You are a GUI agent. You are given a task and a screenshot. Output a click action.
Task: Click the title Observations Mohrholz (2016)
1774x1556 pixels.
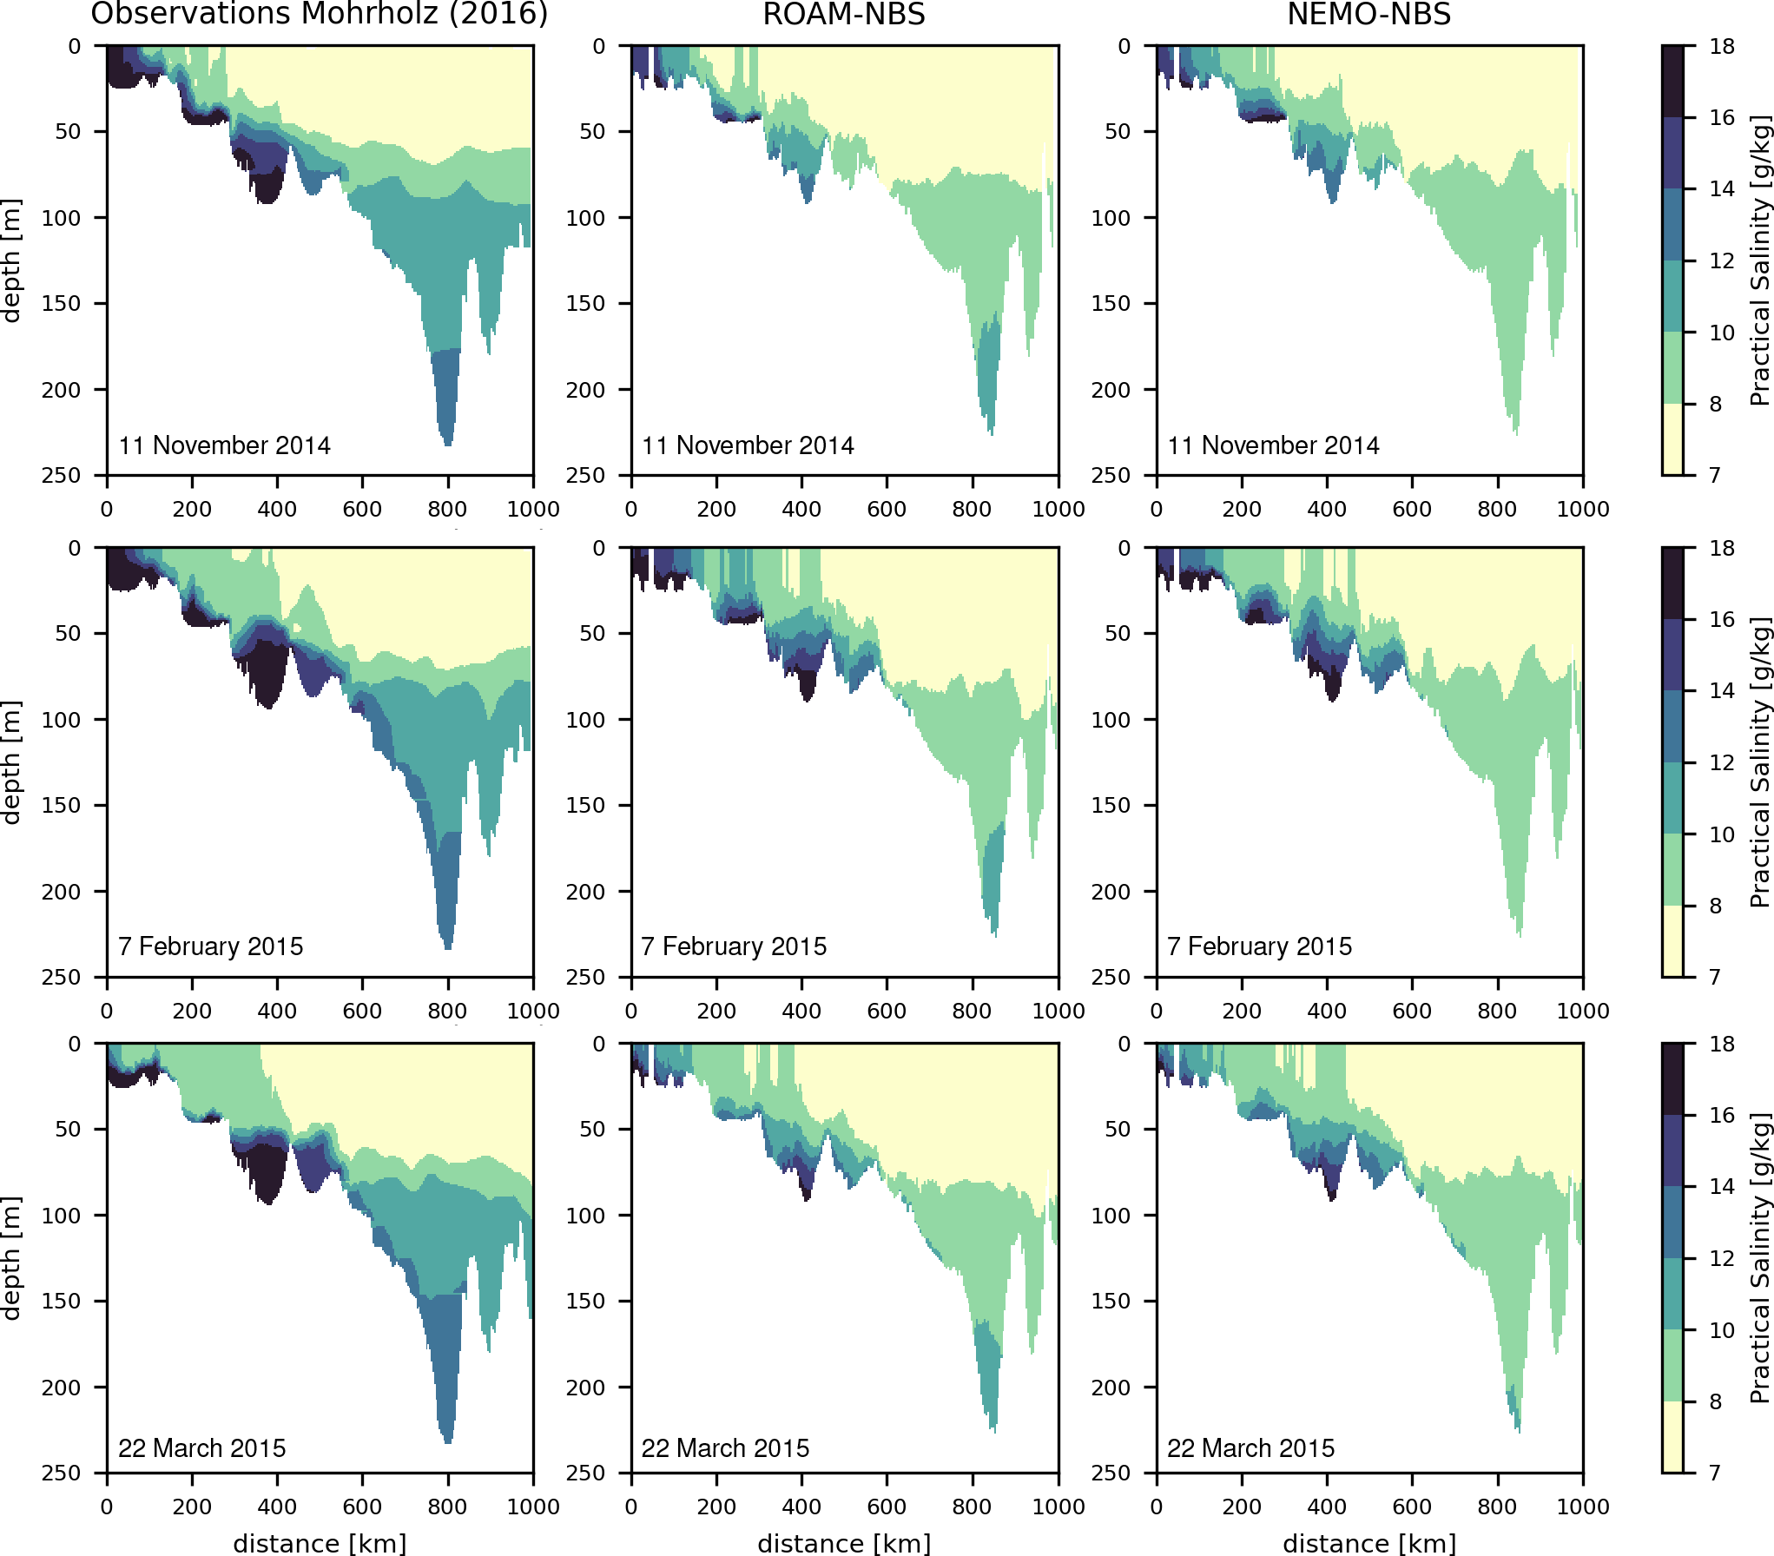coord(320,14)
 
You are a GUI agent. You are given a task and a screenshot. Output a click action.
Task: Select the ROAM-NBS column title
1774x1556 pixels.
coord(844,14)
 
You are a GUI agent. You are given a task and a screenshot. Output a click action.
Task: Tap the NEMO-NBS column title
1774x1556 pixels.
coord(1369,14)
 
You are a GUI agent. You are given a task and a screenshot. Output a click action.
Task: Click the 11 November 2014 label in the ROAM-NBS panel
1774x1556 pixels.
coord(748,445)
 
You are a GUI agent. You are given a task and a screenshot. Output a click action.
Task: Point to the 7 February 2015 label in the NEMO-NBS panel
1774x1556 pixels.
coord(1260,946)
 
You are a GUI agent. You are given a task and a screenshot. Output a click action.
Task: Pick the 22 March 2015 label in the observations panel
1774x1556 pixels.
coord(202,1448)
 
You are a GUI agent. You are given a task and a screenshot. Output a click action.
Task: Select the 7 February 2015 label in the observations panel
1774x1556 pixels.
coord(211,946)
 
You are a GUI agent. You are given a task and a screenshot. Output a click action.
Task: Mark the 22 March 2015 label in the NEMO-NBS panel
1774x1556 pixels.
coord(1251,1448)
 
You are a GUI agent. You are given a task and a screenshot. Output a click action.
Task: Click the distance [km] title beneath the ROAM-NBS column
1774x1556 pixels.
coord(844,1543)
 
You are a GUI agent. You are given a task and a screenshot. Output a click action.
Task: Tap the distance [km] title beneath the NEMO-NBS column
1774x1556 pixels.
coord(1369,1543)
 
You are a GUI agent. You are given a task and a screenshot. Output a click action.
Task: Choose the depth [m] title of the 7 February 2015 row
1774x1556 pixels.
coord(11,762)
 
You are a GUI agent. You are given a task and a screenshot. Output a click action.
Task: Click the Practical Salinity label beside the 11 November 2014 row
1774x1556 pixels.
coord(1759,260)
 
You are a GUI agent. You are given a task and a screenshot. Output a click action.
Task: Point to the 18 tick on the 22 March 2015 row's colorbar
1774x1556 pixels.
coord(1722,1044)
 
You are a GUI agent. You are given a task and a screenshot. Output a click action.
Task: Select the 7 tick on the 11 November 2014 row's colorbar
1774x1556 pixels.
coord(1716,475)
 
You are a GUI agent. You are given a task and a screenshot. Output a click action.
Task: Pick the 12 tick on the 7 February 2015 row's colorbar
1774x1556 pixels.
coord(1722,762)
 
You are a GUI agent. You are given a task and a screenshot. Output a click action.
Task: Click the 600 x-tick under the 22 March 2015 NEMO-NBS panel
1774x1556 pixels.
coord(1412,1507)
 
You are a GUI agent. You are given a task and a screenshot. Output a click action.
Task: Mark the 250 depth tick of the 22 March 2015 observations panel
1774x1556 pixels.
coord(61,1474)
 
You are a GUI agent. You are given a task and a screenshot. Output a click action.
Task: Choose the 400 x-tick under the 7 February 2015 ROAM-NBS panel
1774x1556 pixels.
coord(801,1011)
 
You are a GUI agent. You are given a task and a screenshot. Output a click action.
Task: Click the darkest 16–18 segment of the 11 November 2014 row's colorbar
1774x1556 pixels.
coord(1672,81)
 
